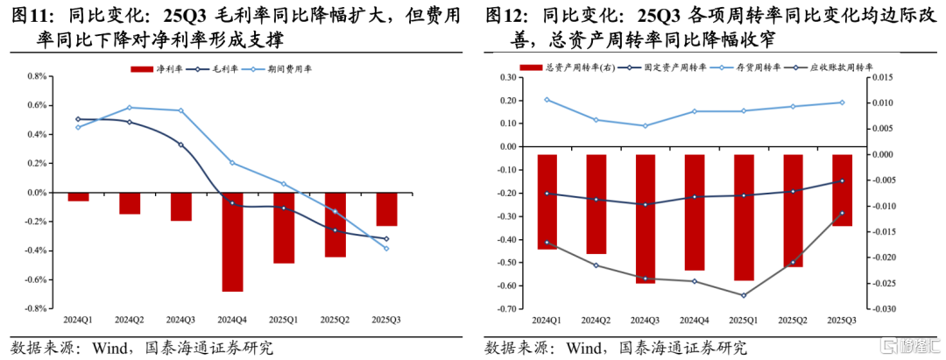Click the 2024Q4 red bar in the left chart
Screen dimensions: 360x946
coord(232,242)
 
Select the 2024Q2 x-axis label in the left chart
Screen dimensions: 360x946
coord(130,320)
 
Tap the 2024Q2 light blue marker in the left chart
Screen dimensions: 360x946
coord(130,108)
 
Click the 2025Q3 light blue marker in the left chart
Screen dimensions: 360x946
coord(386,248)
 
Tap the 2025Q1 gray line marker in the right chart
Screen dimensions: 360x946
coord(743,295)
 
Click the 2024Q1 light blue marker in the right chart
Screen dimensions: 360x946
coord(547,100)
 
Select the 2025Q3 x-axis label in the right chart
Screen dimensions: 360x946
coord(841,320)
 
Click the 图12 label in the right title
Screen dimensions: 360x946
coord(506,16)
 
